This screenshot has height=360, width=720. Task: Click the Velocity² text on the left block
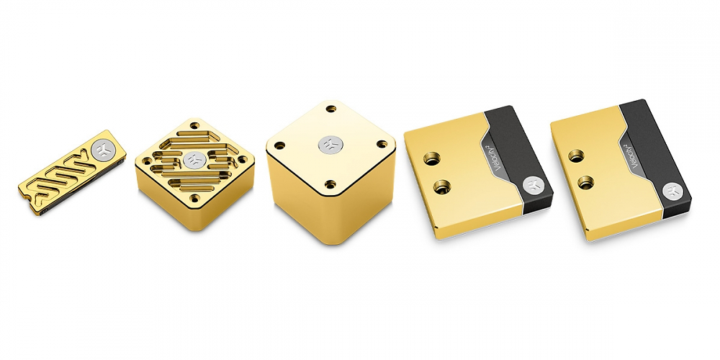pyautogui.click(x=499, y=158)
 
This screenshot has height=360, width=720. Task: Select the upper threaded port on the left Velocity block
pyautogui.click(x=432, y=159)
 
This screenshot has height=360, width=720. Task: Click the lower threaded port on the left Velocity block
pyautogui.click(x=442, y=186)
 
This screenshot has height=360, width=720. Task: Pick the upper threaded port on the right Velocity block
pyautogui.click(x=576, y=156)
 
